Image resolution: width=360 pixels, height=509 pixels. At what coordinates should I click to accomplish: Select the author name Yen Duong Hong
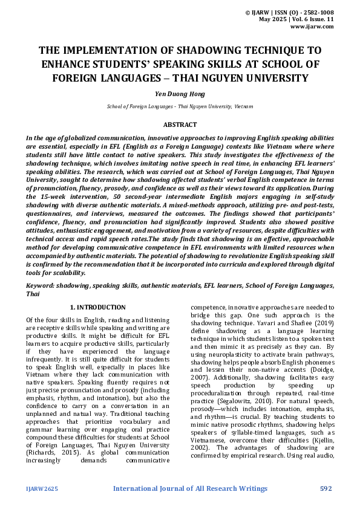(x=180, y=94)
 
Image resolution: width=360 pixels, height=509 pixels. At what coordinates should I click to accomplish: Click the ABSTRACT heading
(x=180, y=125)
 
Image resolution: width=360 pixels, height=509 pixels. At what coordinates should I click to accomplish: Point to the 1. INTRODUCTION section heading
(x=98, y=308)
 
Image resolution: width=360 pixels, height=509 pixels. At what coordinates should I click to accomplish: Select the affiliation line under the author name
(x=180, y=106)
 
